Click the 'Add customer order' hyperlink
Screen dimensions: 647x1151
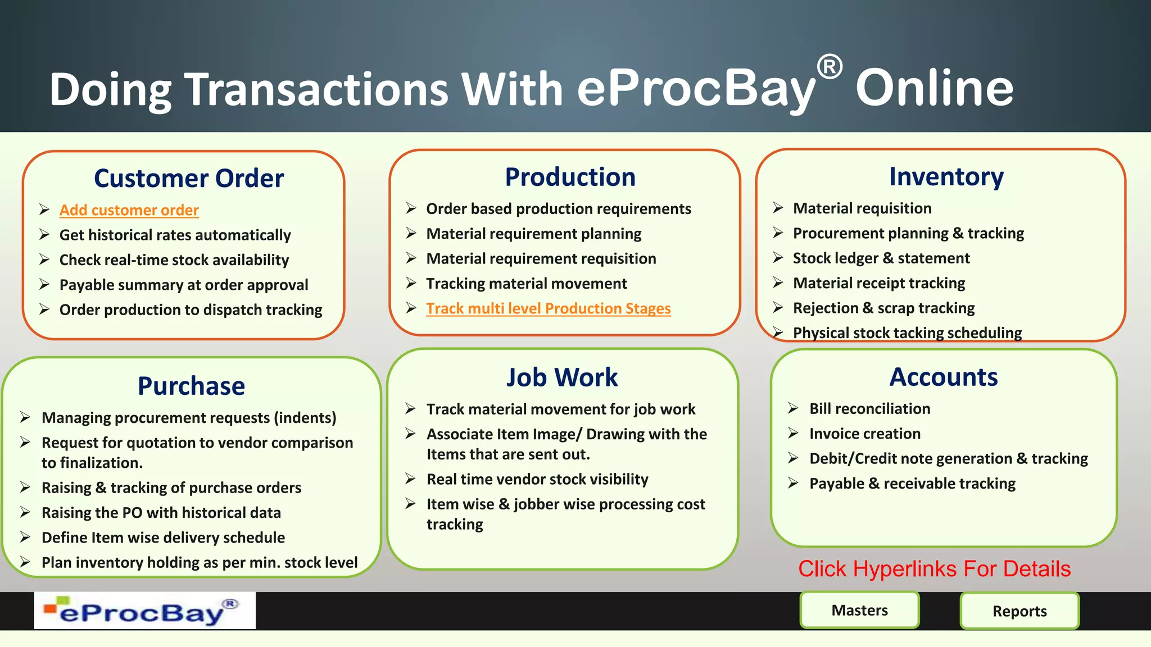(x=129, y=210)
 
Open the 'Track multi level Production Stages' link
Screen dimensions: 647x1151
(x=548, y=308)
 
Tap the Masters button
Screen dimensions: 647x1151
(x=859, y=610)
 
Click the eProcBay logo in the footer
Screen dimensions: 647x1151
(x=144, y=610)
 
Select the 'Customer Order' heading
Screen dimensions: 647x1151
(x=189, y=179)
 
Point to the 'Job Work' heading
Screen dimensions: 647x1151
(x=561, y=377)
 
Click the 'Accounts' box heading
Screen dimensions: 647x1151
(x=944, y=377)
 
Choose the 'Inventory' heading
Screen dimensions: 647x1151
(x=946, y=177)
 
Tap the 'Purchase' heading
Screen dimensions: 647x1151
(x=191, y=386)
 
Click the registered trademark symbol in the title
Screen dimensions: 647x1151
(x=829, y=67)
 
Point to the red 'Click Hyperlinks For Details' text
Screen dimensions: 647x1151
(x=934, y=569)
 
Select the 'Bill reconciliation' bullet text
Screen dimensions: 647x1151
(x=869, y=409)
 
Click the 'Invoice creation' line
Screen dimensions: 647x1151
(x=864, y=434)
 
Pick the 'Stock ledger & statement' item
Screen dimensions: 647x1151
(x=881, y=258)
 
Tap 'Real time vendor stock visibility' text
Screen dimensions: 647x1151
(x=537, y=479)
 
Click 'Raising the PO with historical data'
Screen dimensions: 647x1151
(x=161, y=513)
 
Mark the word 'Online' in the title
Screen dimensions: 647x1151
(x=934, y=88)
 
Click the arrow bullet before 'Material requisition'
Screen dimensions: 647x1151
(x=778, y=208)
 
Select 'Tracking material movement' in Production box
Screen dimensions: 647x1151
(x=526, y=284)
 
